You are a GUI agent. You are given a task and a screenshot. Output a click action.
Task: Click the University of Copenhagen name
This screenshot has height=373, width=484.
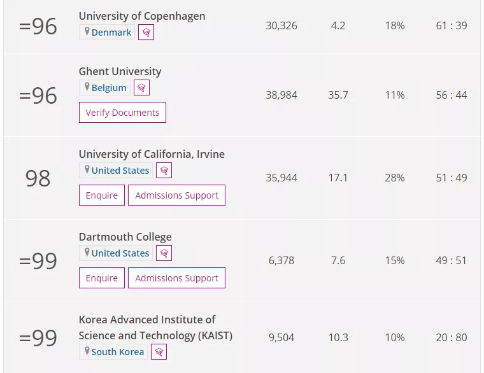pos(142,16)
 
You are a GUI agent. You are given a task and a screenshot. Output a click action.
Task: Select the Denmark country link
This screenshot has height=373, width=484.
pos(111,32)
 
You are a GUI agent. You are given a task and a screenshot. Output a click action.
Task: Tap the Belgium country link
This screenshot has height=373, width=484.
pos(108,88)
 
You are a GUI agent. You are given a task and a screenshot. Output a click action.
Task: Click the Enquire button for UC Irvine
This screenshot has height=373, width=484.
pos(102,195)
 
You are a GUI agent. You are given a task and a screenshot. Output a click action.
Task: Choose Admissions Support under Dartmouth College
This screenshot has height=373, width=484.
pos(176,278)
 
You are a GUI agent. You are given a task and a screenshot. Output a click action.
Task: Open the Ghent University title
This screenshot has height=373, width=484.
pos(120,71)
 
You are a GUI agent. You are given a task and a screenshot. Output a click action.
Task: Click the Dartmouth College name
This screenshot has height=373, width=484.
pos(125,237)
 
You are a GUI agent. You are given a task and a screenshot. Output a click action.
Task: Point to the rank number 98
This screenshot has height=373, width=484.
pos(38,178)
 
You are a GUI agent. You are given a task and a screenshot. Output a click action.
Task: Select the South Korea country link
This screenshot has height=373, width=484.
pos(118,352)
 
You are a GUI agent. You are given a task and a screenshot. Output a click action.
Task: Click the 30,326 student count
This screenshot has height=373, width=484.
pos(281,26)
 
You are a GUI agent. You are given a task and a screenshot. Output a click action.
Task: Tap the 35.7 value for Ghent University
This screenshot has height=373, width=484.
pos(338,95)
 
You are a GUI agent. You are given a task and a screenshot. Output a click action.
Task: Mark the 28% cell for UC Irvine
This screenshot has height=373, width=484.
pos(395,178)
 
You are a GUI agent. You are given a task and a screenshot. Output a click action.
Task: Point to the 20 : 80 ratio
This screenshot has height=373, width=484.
pos(452,337)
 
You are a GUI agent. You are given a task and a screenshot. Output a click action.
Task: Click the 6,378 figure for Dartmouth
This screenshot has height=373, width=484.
pos(281,260)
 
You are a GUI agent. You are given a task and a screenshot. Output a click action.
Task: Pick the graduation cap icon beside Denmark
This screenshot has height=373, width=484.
pos(146,32)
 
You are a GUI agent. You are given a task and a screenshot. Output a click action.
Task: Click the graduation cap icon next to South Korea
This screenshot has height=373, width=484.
pos(159,352)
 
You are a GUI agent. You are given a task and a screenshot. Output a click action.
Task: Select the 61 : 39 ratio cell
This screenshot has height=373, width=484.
pos(452,26)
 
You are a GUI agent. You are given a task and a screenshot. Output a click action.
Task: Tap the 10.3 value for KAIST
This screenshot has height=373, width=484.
pos(338,337)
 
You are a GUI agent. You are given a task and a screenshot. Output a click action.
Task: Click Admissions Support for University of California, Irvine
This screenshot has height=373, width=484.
pos(176,195)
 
